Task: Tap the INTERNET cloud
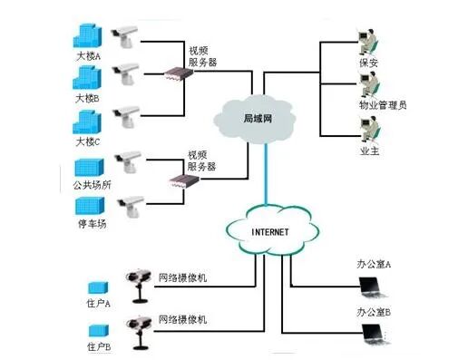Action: pyautogui.click(x=269, y=231)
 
